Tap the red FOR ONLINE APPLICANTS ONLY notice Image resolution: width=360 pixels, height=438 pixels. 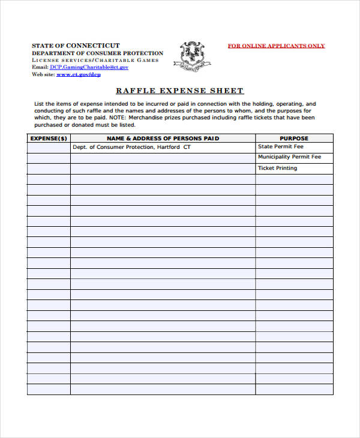pos(276,46)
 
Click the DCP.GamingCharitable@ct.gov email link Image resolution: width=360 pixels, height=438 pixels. pos(89,67)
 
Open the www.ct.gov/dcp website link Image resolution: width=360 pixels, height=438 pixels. pos(79,74)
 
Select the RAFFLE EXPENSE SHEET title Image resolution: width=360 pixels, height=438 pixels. pos(179,91)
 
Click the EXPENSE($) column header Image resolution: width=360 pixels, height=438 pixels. pos(49,138)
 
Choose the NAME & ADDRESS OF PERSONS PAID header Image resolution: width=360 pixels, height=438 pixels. pos(163,138)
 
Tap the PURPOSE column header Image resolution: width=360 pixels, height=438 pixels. pos(294,138)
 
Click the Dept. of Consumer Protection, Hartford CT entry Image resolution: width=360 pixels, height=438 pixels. pos(131,147)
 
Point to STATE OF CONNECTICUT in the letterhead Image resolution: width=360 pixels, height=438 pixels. pos(76,46)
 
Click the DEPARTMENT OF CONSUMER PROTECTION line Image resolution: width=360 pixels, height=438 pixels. pos(97,53)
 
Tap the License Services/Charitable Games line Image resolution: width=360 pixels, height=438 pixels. pos(95,60)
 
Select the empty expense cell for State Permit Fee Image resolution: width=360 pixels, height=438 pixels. pos(49,147)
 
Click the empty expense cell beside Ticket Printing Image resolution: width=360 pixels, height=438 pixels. pos(49,169)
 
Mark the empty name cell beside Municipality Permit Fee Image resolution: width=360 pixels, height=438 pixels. pos(163,158)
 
